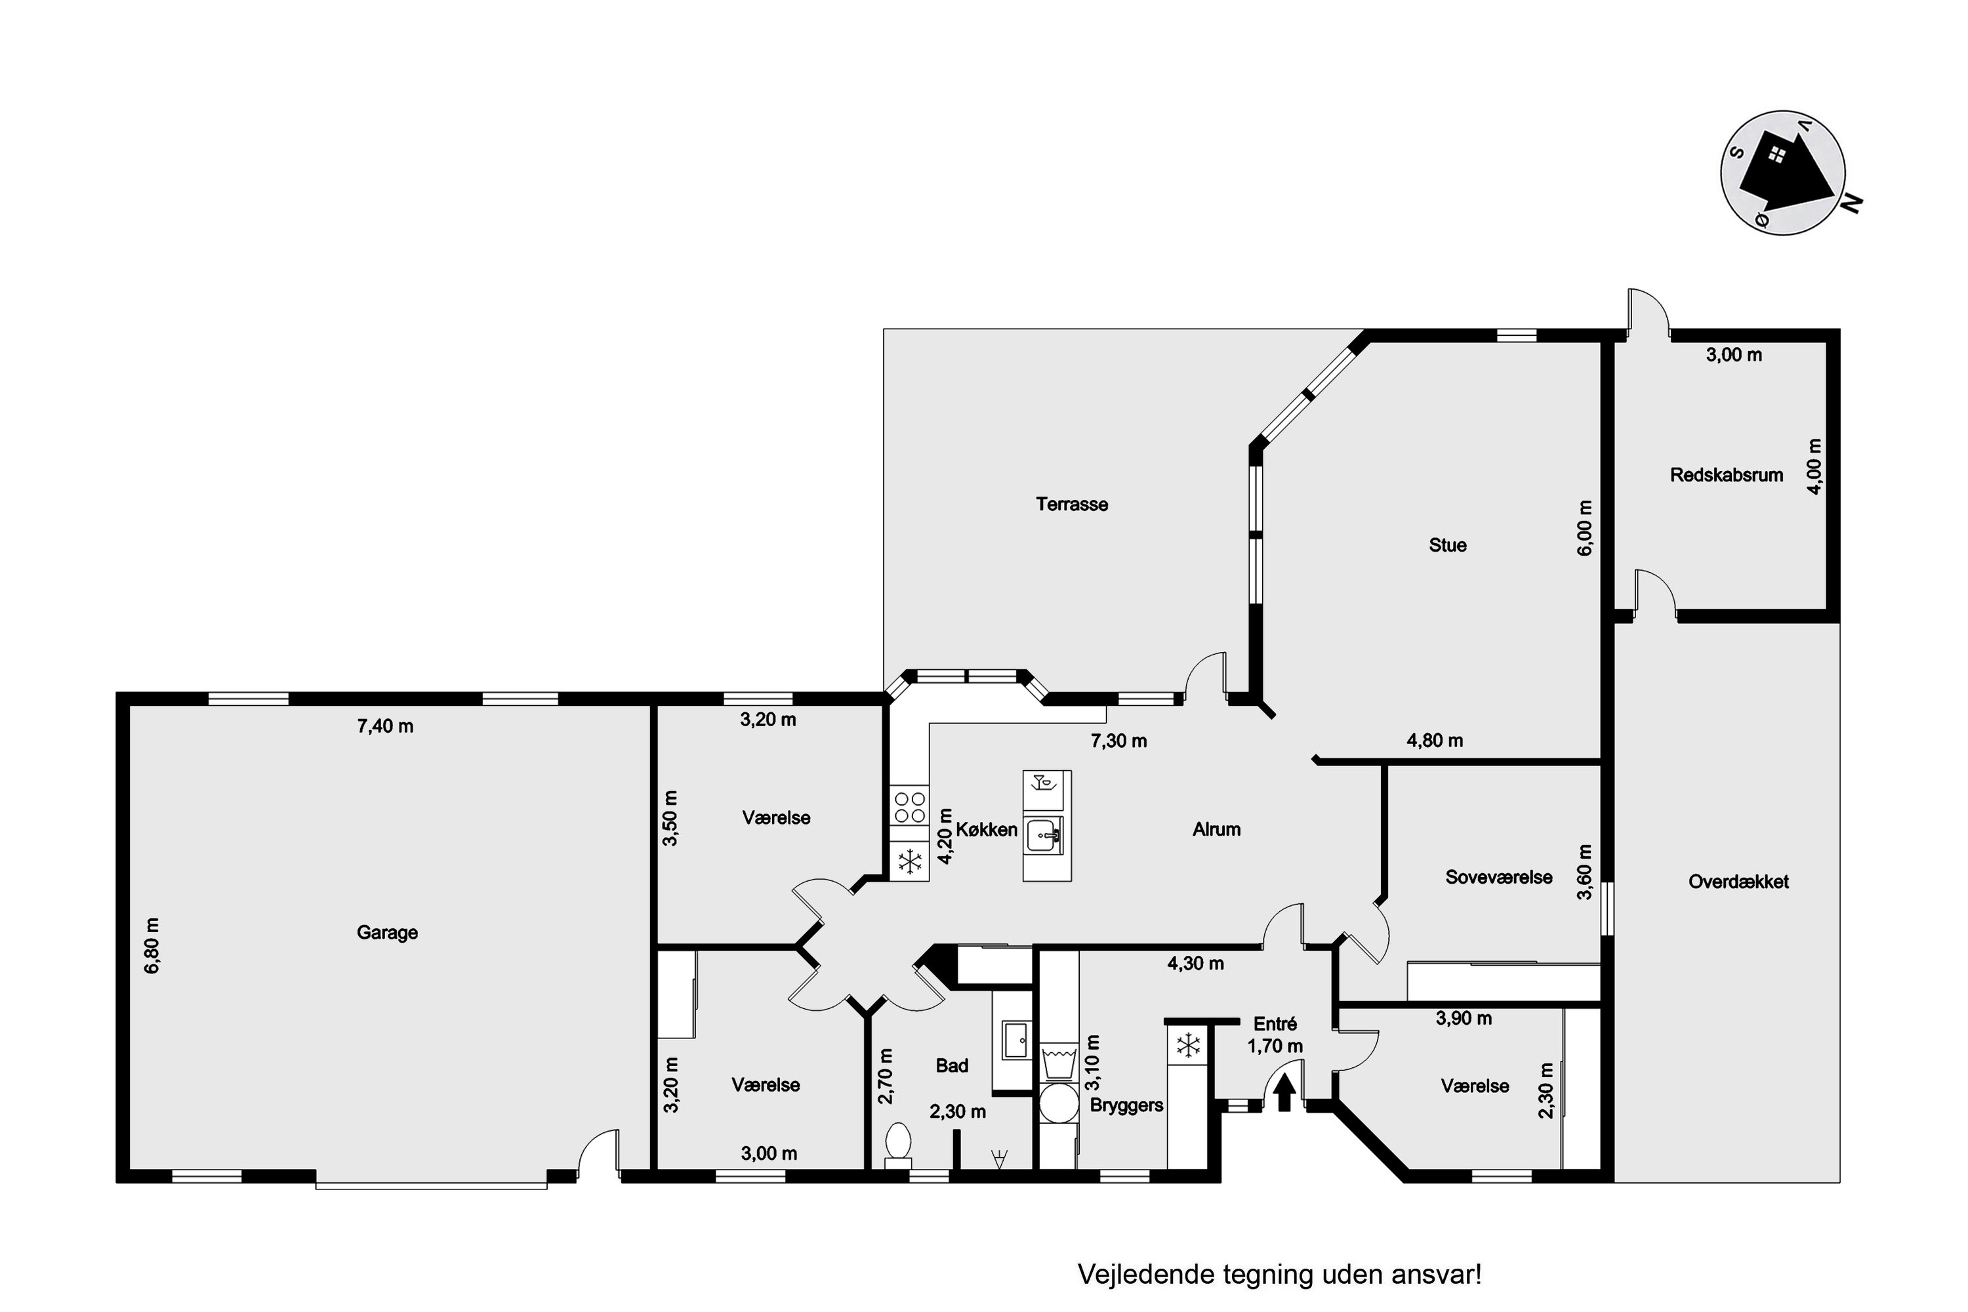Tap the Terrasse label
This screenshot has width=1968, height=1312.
pos(1072,504)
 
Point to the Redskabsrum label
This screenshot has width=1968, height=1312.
pos(1726,475)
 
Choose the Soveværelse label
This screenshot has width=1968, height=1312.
pos(1498,878)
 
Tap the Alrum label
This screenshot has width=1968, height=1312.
pos(1217,829)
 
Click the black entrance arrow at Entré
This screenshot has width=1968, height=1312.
pos(1284,1094)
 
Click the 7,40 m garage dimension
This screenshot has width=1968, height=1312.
pos(385,726)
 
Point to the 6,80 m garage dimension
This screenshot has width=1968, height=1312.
pos(152,945)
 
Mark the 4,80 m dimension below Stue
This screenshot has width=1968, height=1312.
pos(1435,741)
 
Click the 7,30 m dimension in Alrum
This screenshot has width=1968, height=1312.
pos(1118,741)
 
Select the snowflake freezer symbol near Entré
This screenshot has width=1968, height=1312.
pos(1188,1044)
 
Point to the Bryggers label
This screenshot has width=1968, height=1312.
pos(1126,1105)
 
